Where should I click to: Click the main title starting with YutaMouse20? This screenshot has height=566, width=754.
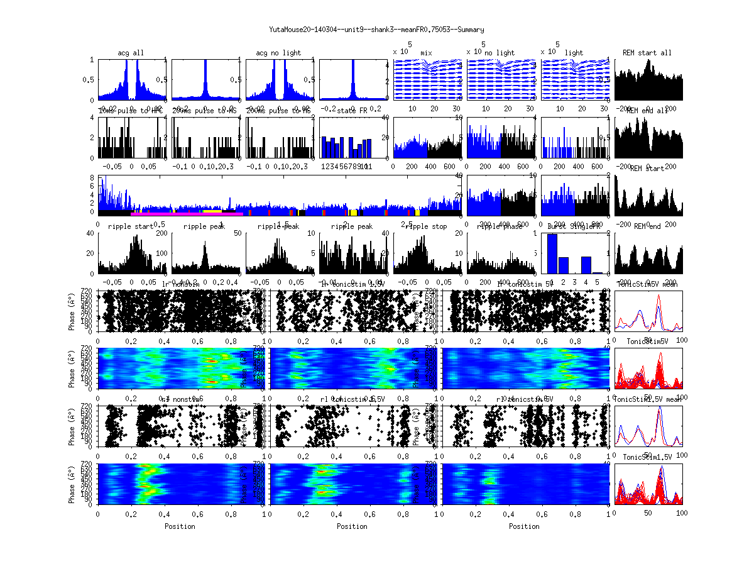(x=376, y=30)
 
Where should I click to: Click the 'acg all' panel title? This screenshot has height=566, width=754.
(x=131, y=53)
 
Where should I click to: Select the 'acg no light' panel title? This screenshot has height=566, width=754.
(x=278, y=53)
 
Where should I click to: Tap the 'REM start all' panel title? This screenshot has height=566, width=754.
(x=647, y=53)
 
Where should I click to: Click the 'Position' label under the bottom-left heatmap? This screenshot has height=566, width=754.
(x=180, y=526)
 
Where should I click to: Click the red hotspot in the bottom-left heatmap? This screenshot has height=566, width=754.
(x=148, y=470)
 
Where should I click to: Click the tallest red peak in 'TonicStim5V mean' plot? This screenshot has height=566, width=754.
(x=658, y=300)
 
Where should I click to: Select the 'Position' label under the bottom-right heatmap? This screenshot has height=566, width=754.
(x=524, y=526)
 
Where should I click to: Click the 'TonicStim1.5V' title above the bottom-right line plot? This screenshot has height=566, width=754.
(x=647, y=457)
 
